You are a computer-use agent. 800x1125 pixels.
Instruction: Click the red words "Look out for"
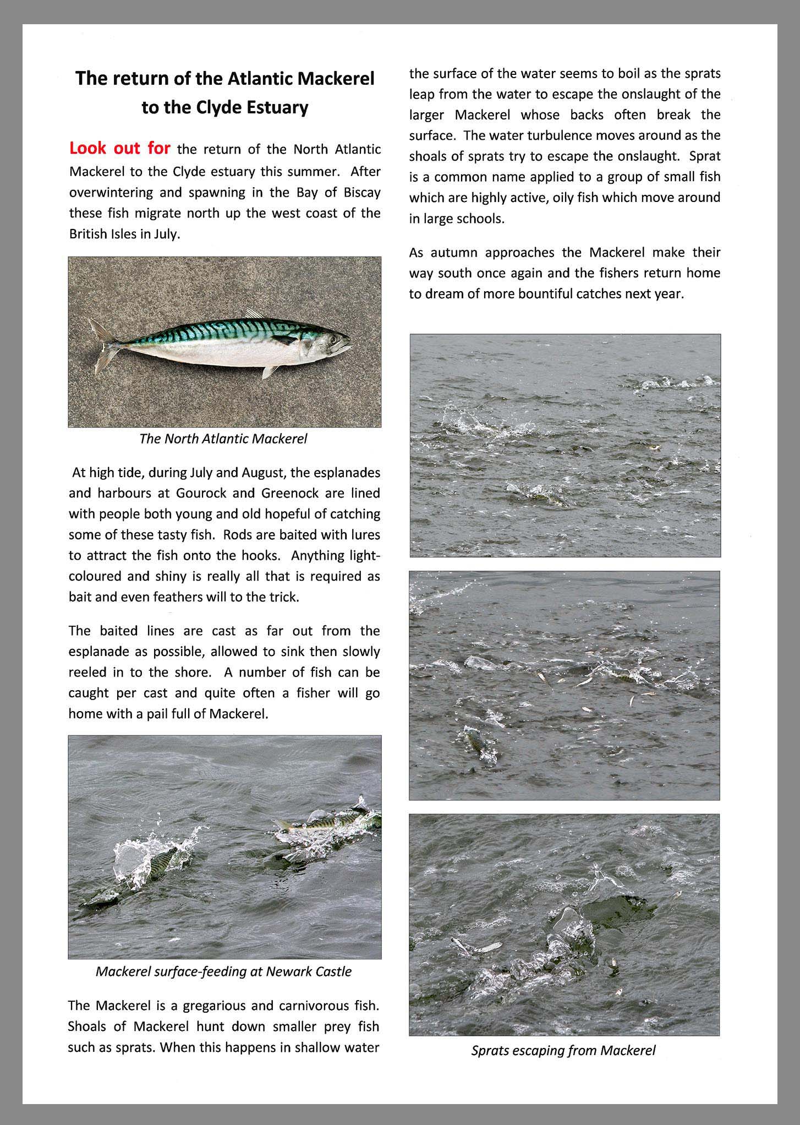(x=119, y=149)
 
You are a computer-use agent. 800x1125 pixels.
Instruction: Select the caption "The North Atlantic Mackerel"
(x=223, y=439)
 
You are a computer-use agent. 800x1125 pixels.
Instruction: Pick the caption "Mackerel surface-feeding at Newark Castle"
(x=223, y=971)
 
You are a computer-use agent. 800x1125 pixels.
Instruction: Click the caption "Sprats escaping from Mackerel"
(x=563, y=1050)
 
